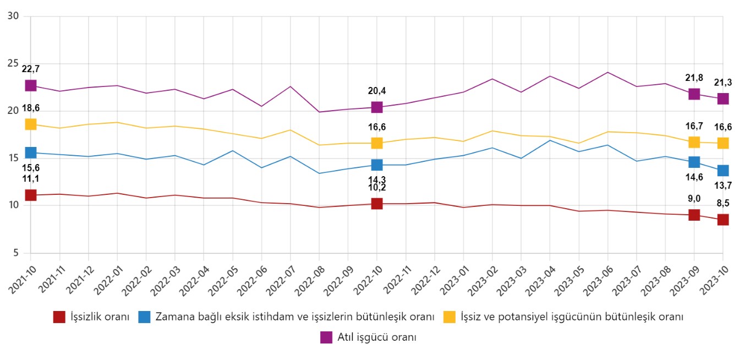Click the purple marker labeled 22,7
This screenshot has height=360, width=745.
point(30,85)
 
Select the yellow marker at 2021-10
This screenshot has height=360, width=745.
point(30,124)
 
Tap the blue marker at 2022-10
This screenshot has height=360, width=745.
point(376,165)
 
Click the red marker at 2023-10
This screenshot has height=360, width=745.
point(722,220)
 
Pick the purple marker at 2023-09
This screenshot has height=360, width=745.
point(694,94)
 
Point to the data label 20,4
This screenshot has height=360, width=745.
point(376,91)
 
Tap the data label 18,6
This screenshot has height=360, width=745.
point(30,108)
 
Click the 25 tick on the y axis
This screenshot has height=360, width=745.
point(13,64)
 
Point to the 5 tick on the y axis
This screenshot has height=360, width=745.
point(16,253)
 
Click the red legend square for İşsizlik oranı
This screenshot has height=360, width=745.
point(59,317)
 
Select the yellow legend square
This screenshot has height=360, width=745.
point(449,317)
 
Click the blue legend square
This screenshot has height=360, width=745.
point(144,317)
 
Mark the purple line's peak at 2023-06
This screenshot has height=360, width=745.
point(607,72)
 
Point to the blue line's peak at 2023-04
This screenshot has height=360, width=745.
point(550,140)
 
